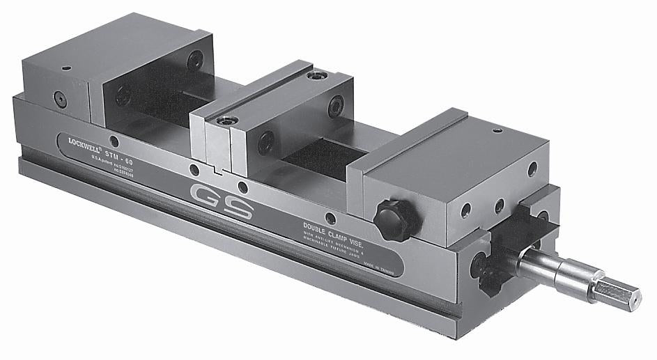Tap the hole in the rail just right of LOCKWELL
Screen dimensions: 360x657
coord(114,141)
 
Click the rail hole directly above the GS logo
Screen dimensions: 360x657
coord(242,186)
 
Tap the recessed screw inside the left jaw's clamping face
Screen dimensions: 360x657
coord(123,96)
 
